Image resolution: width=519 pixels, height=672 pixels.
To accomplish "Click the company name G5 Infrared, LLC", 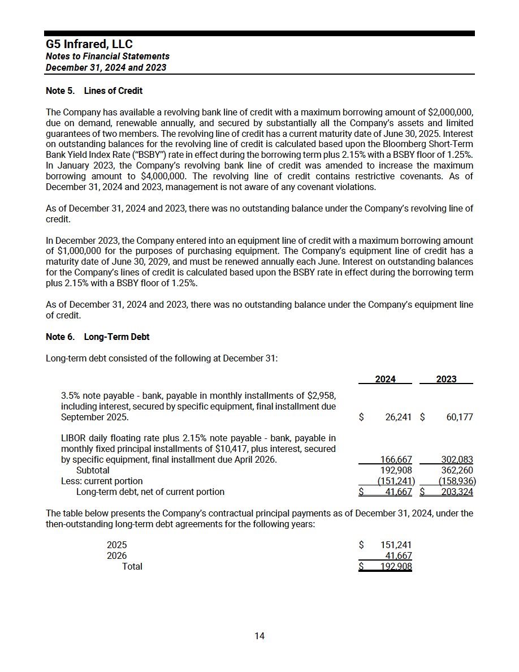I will [89, 44].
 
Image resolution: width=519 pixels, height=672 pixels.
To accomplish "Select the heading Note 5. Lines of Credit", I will [94, 91].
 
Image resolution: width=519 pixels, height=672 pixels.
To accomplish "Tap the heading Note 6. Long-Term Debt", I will [98, 337].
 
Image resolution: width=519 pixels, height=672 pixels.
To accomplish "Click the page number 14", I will [259, 636].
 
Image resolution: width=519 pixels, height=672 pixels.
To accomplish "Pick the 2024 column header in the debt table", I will [386, 379].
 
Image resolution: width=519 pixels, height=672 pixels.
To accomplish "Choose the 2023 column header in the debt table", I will [446, 379].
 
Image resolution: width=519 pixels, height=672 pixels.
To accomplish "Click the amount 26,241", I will [398, 417].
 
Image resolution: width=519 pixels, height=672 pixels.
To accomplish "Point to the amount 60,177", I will [459, 417].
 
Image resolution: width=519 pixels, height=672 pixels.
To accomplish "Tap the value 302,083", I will [458, 460].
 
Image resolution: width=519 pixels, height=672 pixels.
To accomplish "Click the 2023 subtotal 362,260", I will [458, 470].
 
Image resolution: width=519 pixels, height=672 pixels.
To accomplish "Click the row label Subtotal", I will [93, 470].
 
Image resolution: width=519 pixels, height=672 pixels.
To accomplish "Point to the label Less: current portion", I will [102, 481].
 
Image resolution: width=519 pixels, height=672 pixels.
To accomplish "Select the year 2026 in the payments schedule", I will [116, 555].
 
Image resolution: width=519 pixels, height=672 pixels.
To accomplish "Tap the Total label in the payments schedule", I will [132, 566].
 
